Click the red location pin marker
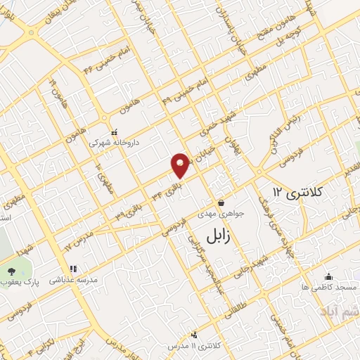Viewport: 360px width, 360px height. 181,165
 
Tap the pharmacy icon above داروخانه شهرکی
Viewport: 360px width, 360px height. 114,131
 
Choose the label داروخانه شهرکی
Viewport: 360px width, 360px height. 114,141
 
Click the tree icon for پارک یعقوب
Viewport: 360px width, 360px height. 11,271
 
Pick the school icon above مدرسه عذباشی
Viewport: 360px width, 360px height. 72,269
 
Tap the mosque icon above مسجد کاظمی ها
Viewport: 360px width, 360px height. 329,277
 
